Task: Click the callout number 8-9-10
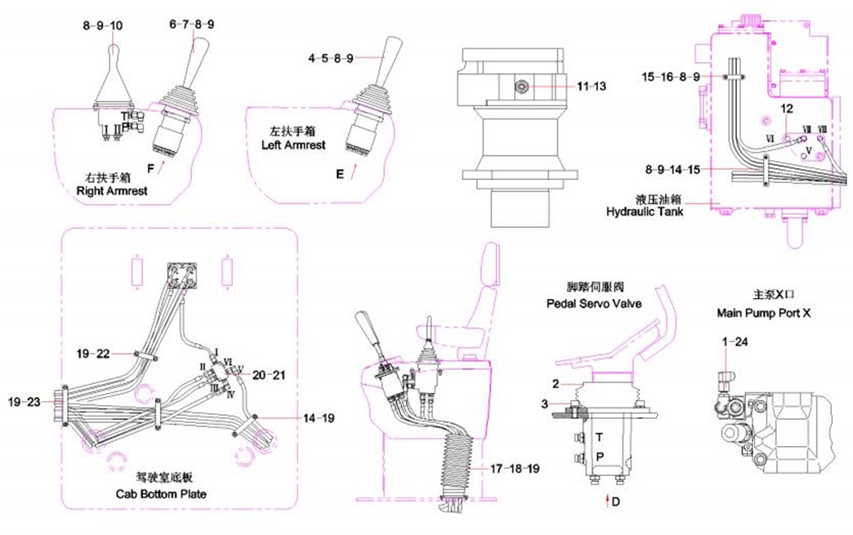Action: (102, 25)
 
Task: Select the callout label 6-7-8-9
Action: (192, 25)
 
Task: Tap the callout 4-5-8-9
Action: (331, 59)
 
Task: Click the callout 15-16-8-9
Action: (671, 77)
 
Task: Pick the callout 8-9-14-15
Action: (672, 170)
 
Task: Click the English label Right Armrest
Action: (111, 191)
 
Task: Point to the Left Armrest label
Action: (298, 145)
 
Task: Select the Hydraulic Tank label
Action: (644, 212)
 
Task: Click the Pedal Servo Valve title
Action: (593, 303)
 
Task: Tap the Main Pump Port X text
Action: (759, 313)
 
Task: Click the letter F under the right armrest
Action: (150, 168)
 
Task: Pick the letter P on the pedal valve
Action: (599, 456)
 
